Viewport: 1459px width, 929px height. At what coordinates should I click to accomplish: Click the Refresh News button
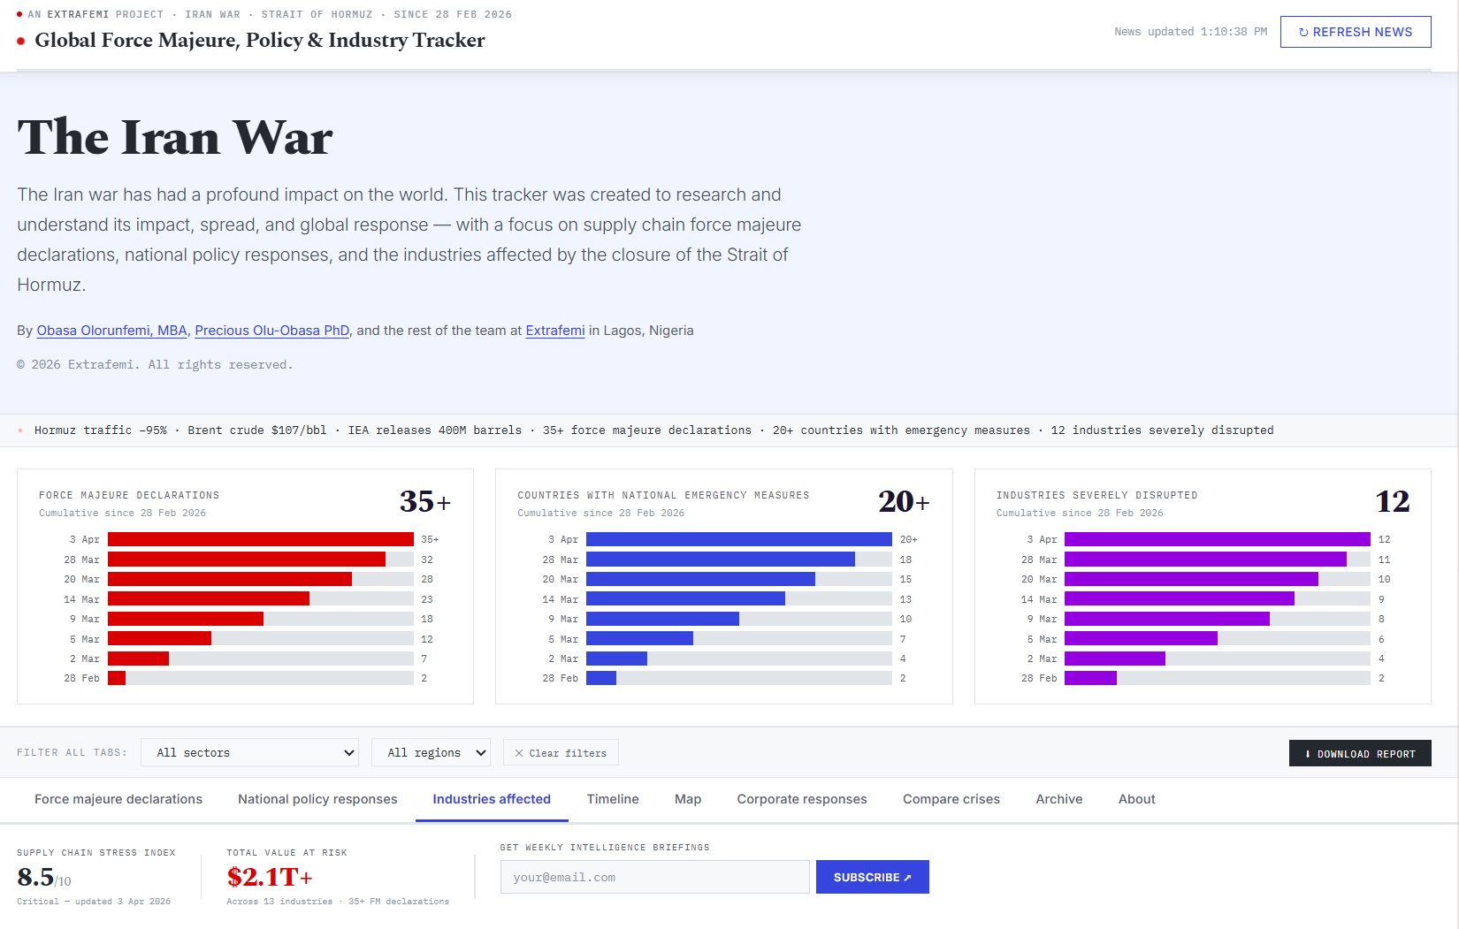1355,32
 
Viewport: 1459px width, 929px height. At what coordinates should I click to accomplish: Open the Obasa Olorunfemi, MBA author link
111,331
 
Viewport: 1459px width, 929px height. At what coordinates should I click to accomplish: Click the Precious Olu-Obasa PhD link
271,331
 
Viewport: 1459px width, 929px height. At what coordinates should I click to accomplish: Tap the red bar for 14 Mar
209,599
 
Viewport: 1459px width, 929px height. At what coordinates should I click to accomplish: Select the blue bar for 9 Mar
662,619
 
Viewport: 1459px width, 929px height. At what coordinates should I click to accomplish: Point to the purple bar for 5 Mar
1141,639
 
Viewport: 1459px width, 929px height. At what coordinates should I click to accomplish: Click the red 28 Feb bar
117,678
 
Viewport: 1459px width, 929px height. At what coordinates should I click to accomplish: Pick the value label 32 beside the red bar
427,560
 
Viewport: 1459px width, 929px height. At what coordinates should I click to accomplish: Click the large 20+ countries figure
903,502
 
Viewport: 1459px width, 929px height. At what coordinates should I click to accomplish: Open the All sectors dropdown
249,752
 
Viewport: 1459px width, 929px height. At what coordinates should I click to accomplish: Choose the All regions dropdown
431,752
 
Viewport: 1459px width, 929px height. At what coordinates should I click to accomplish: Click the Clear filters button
561,753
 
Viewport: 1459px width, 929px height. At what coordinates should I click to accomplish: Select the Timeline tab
613,799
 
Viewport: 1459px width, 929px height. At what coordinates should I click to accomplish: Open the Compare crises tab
951,799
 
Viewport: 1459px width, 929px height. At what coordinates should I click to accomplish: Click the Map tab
688,799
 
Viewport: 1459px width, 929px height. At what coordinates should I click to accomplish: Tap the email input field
654,877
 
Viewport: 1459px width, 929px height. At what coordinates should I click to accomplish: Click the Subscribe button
872,877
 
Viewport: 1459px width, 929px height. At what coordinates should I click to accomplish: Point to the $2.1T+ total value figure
270,877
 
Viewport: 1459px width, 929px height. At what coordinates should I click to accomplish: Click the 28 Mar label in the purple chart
1039,560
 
